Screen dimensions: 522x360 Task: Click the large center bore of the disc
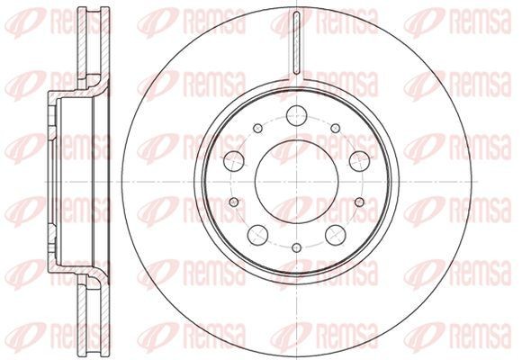(x=296, y=182)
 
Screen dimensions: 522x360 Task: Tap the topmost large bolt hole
(x=296, y=115)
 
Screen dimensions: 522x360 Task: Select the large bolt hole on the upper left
(x=234, y=161)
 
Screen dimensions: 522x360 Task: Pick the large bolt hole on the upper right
(x=359, y=161)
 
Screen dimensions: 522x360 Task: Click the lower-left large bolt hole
(x=258, y=235)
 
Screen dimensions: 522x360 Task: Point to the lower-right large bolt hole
(x=335, y=235)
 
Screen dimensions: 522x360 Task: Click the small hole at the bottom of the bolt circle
(x=296, y=247)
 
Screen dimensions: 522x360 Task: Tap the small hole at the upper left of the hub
(x=258, y=128)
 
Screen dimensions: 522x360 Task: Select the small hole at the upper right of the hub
(x=336, y=128)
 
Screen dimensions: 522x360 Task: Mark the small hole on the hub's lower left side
(x=234, y=202)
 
